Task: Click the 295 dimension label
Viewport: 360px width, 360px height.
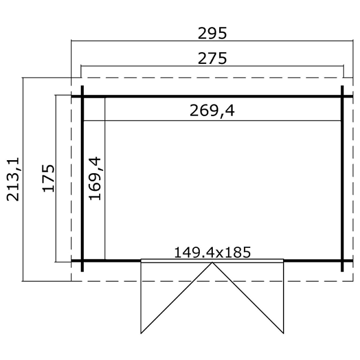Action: point(212,33)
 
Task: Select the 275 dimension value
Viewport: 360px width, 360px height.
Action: point(212,58)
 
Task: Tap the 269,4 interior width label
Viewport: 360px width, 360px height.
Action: point(212,111)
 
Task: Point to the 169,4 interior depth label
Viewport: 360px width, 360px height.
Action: point(96,179)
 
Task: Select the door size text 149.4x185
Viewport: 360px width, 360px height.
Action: point(212,251)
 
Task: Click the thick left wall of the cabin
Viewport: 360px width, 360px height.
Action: point(82,179)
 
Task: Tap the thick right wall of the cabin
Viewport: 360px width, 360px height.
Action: point(343,179)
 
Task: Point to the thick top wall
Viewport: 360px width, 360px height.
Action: point(212,96)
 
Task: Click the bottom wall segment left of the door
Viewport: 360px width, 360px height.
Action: point(112,261)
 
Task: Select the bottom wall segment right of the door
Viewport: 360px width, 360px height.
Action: point(312,261)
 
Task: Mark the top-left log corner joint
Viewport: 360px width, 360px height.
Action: point(82,96)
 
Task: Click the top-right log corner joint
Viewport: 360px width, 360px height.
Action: point(343,96)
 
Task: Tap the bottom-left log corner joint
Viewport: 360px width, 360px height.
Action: point(82,261)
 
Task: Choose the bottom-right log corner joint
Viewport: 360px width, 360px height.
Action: point(343,261)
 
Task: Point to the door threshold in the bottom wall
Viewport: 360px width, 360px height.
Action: point(212,261)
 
